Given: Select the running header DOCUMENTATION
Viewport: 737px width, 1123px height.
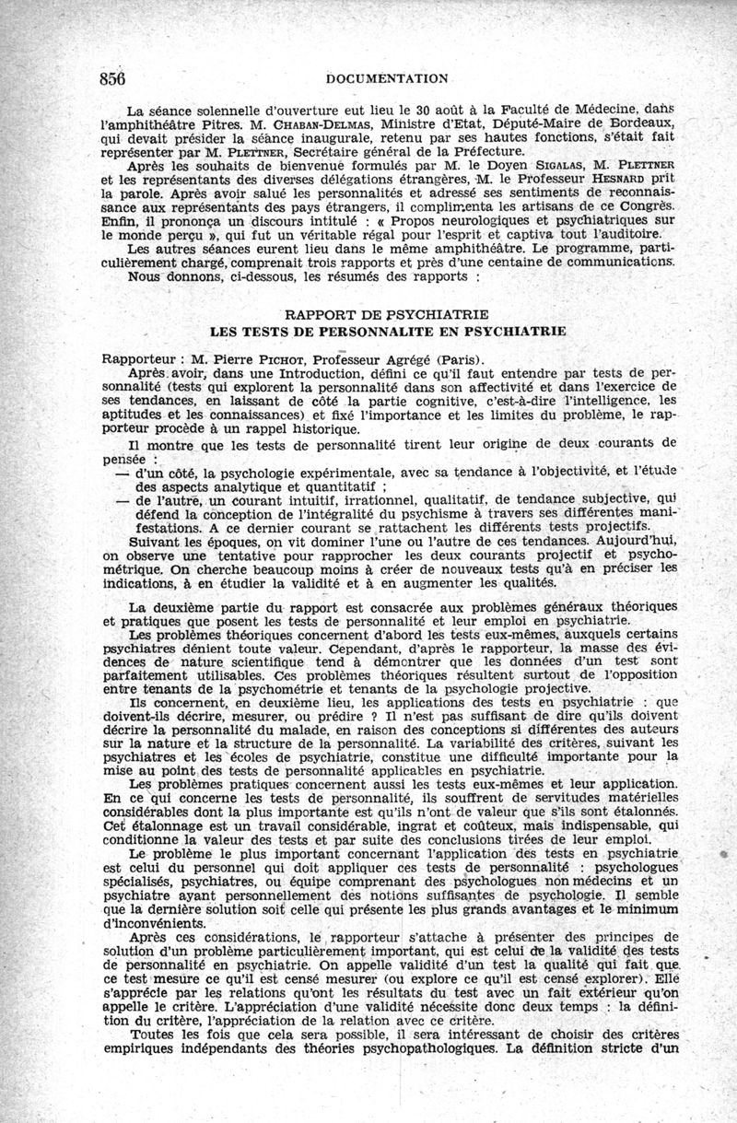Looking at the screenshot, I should [x=374, y=79].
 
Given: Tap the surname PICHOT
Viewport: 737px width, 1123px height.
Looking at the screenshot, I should [x=277, y=360].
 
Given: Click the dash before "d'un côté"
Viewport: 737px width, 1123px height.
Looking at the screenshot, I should [x=123, y=472].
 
